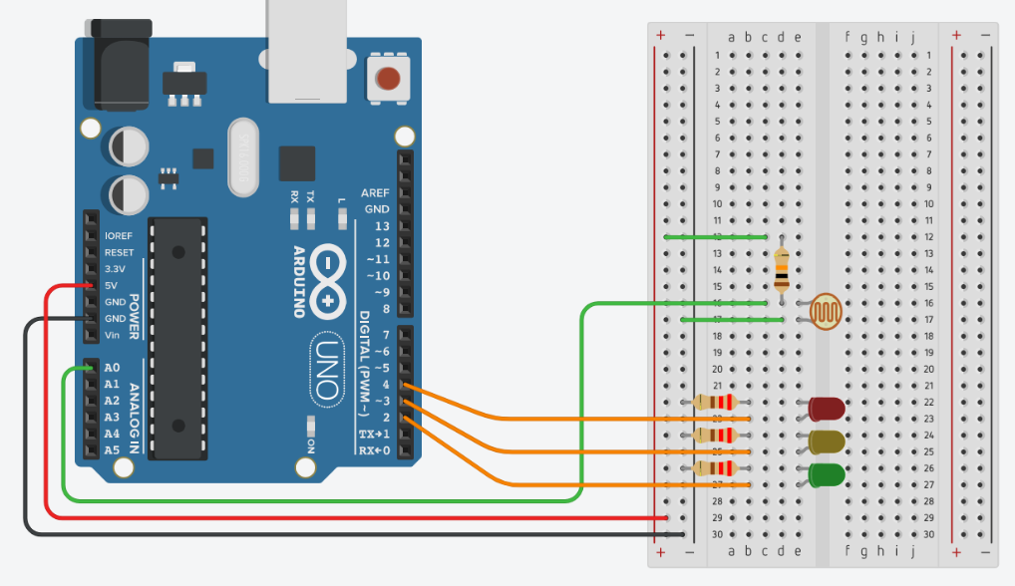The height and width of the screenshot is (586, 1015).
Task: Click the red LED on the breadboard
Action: pos(827,408)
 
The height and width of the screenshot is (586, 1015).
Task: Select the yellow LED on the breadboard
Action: pos(827,440)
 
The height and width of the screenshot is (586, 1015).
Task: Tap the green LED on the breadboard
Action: pos(827,474)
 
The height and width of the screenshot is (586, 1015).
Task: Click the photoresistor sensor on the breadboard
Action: pos(825,311)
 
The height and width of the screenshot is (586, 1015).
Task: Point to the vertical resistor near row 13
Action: pos(781,269)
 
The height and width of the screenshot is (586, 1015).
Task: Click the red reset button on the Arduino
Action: pos(388,78)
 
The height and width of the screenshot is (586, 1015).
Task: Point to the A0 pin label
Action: pos(112,368)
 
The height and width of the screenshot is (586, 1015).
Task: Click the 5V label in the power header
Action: pos(113,285)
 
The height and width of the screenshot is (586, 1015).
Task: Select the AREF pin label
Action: pos(375,192)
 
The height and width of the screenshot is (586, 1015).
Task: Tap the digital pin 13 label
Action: pos(381,226)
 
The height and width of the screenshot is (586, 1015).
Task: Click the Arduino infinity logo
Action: pos(328,278)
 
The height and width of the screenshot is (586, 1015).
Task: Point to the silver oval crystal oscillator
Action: pos(243,156)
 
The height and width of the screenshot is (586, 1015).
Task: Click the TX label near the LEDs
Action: pos(310,196)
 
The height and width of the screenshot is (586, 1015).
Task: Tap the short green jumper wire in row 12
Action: pos(716,237)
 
